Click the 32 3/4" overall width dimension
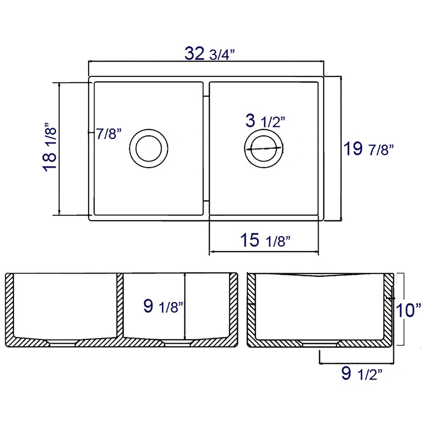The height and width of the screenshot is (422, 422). (x=210, y=54)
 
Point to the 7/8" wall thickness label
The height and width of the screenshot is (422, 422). (x=109, y=133)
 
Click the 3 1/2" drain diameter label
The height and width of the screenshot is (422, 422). (x=265, y=121)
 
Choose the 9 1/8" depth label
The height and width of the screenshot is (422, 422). (x=163, y=306)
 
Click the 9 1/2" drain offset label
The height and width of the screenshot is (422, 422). (x=362, y=373)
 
